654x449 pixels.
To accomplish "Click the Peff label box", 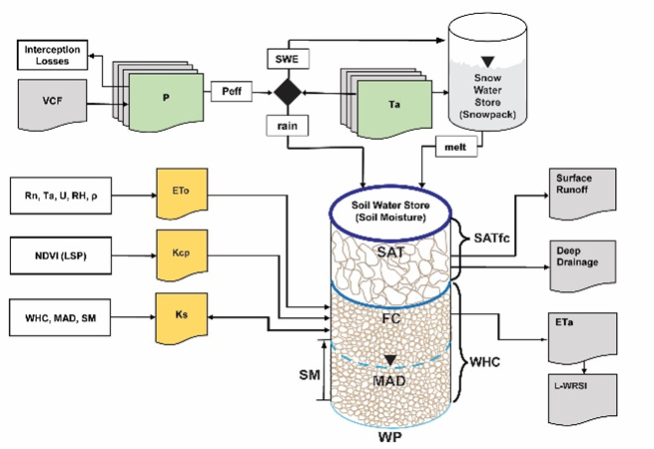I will pyautogui.click(x=234, y=92).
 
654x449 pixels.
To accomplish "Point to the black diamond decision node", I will pyautogui.click(x=290, y=93).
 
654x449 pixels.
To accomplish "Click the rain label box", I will pyautogui.click(x=288, y=127).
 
